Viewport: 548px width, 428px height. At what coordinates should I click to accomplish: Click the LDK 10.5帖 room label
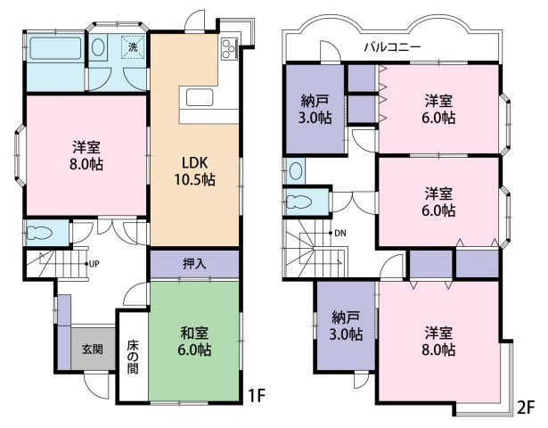[x=194, y=171]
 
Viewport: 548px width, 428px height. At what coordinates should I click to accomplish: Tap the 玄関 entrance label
[x=93, y=349]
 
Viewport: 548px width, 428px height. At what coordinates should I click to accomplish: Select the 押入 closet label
[x=194, y=264]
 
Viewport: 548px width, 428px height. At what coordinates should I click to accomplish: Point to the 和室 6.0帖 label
[x=194, y=341]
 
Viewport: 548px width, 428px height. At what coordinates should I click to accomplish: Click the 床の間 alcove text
[x=133, y=357]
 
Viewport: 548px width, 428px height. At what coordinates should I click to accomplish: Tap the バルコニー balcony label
[x=392, y=46]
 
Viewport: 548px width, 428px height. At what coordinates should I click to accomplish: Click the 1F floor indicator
[x=257, y=396]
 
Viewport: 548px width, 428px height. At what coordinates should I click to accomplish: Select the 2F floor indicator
[x=527, y=407]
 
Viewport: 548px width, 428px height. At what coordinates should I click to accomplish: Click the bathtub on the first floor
[x=55, y=48]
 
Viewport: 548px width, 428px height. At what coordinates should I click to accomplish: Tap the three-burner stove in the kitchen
[x=229, y=49]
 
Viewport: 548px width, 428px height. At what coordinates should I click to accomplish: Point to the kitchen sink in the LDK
[x=200, y=97]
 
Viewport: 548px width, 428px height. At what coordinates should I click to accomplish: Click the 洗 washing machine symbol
[x=133, y=47]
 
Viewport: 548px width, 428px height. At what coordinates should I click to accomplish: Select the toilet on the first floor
[x=39, y=233]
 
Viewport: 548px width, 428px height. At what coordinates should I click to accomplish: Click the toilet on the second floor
[x=299, y=202]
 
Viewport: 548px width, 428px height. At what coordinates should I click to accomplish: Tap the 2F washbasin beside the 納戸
[x=296, y=170]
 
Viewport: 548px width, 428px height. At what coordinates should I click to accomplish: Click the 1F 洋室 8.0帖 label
[x=86, y=156]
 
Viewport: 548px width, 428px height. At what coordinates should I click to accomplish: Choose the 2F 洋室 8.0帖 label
[x=438, y=341]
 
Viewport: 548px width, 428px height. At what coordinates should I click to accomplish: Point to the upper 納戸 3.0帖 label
[x=315, y=109]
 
